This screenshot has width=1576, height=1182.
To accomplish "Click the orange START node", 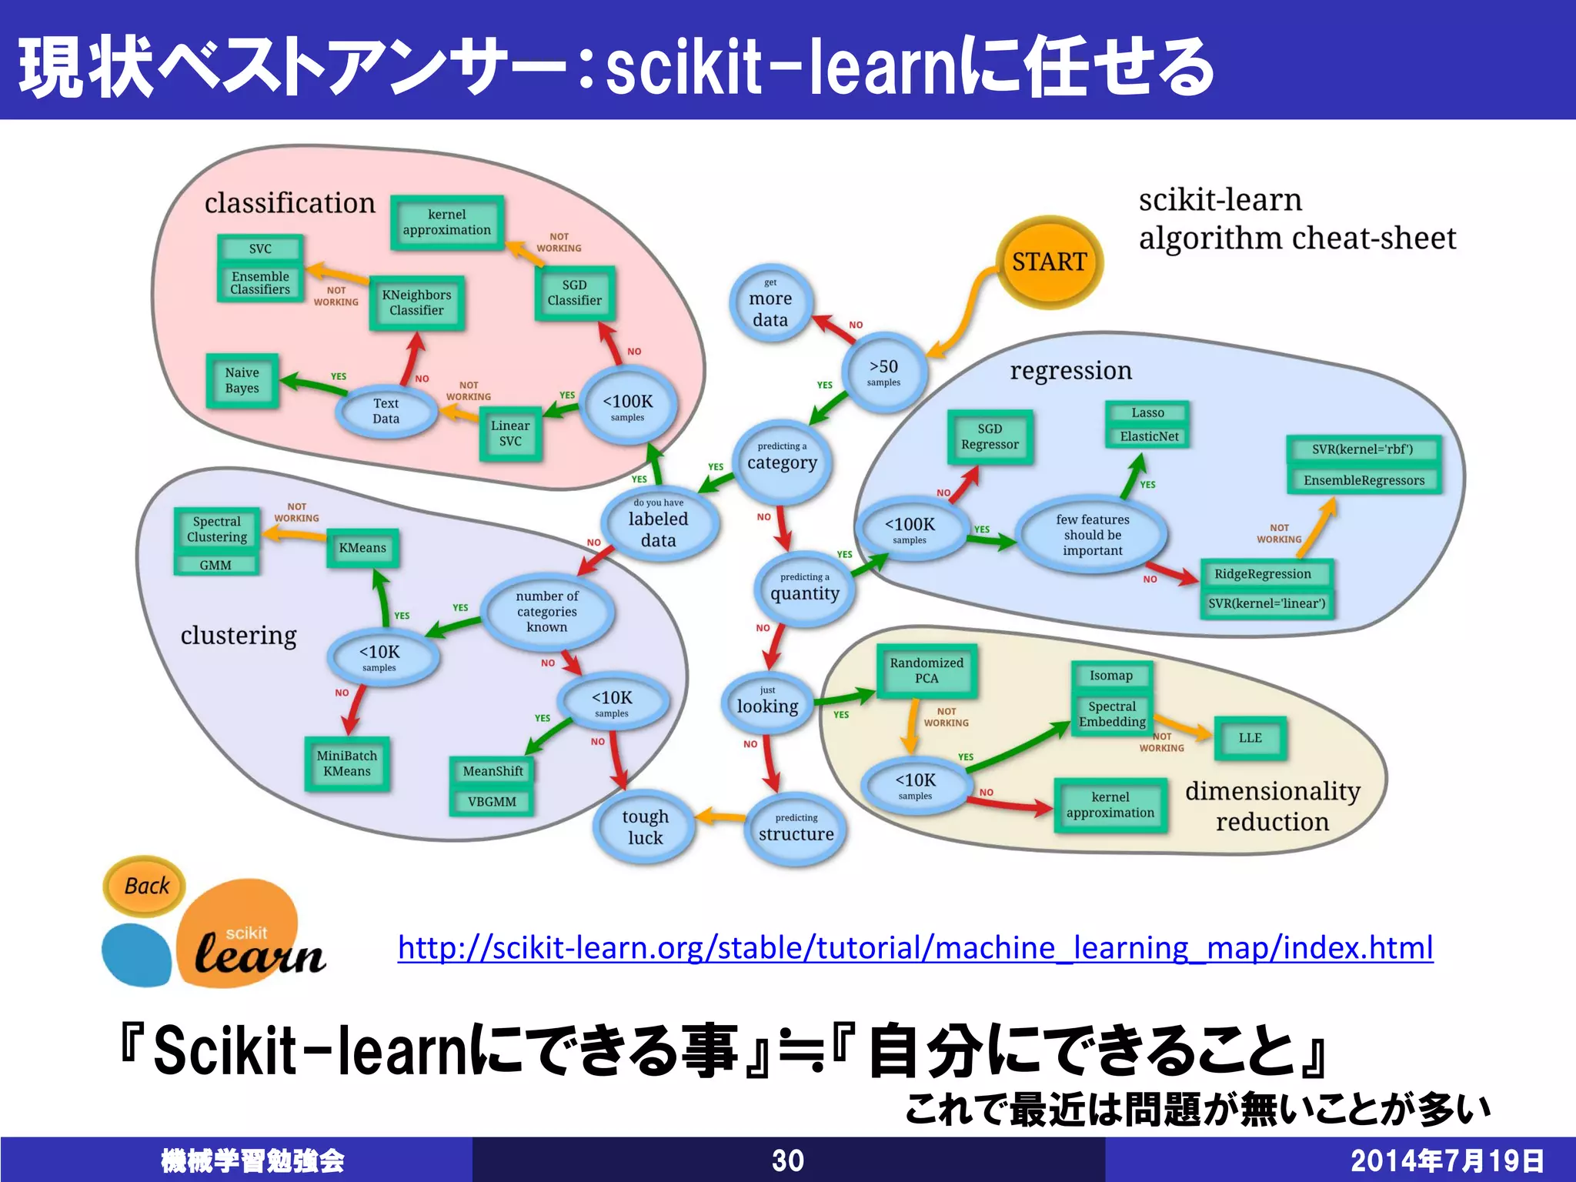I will (x=1049, y=262).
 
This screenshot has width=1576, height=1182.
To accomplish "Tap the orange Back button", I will (x=145, y=886).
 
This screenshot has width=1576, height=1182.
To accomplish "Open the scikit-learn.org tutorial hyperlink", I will (x=915, y=947).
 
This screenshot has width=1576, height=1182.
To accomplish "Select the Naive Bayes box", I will (x=242, y=381).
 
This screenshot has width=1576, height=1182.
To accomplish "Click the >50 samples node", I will (x=883, y=372).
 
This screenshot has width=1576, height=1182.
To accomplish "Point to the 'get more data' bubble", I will (x=770, y=305).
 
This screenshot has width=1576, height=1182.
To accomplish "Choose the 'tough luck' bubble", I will (x=645, y=827).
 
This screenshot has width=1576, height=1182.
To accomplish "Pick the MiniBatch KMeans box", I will (x=347, y=763).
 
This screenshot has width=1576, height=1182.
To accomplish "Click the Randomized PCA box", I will (x=927, y=670).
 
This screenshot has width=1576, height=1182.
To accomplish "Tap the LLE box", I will (x=1250, y=738).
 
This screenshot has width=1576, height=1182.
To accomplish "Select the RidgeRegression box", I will (x=1262, y=574).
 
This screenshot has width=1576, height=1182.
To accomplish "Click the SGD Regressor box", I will (x=990, y=437).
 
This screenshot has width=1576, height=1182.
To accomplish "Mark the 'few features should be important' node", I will (x=1092, y=535).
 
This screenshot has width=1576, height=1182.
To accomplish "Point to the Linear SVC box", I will (x=510, y=434).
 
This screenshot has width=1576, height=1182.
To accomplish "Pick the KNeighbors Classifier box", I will (x=416, y=302).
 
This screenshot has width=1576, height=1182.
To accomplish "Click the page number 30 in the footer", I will (x=788, y=1160).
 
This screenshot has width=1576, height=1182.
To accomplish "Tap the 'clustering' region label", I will (x=239, y=636).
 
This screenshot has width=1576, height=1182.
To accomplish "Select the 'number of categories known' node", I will (x=547, y=612).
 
